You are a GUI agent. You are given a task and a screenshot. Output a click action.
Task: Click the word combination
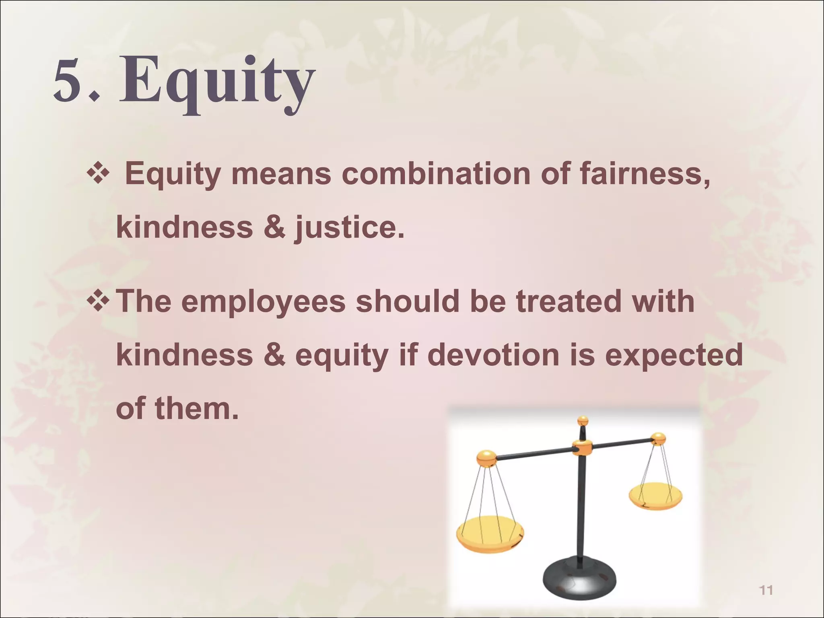tap(436, 174)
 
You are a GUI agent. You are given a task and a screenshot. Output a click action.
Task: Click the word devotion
tap(493, 355)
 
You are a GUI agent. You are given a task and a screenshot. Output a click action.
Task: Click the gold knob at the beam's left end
tap(486, 458)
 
